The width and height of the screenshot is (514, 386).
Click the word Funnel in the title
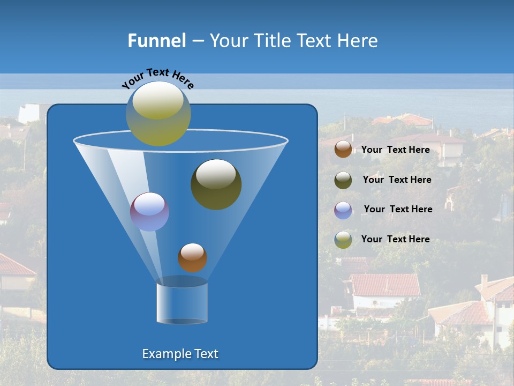tap(156, 41)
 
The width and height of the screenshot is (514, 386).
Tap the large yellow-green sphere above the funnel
tap(158, 113)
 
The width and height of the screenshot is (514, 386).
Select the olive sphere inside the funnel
tap(216, 184)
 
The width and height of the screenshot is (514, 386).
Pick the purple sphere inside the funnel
tap(149, 211)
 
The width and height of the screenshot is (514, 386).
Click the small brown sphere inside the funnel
tap(192, 257)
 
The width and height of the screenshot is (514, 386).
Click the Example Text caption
tap(180, 354)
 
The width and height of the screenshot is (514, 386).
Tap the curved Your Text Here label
tap(158, 78)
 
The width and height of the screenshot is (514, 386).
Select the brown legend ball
tap(343, 150)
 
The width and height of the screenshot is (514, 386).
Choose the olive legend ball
tap(343, 180)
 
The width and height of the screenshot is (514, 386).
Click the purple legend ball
tap(343, 210)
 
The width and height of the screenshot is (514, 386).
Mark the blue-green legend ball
tap(343, 240)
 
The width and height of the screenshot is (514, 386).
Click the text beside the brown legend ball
tap(395, 150)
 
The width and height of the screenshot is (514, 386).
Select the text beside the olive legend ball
tap(397, 180)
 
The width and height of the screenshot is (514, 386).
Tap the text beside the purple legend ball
tap(398, 209)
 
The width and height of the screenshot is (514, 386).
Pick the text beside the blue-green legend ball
tap(395, 239)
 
